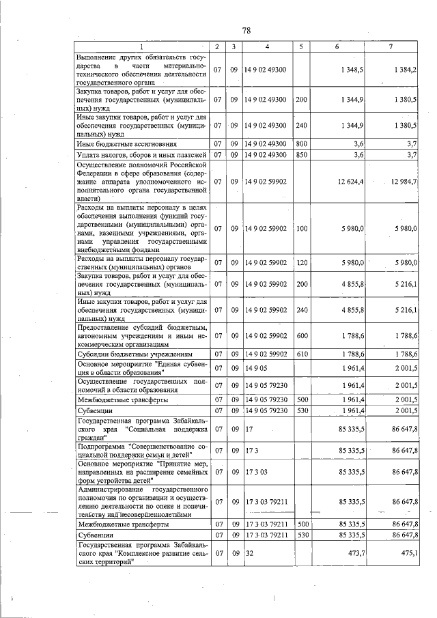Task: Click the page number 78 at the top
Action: [246, 31]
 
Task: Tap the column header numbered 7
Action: [391, 46]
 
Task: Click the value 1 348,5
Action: [351, 70]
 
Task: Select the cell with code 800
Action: [300, 144]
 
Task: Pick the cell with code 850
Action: [300, 154]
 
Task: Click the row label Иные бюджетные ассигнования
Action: [128, 144]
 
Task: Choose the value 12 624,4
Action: [349, 182]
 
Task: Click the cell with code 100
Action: [300, 228]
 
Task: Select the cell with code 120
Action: [300, 262]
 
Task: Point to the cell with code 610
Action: [300, 354]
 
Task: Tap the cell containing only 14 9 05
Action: [255, 369]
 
